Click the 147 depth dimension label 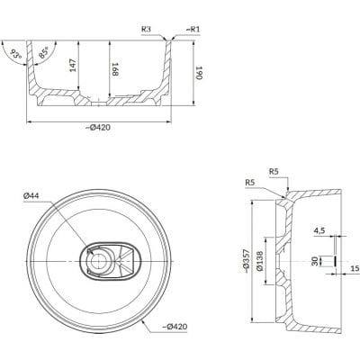(x=74, y=66)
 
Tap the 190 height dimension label (x=200, y=73)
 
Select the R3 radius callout (x=146, y=29)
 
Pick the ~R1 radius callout (x=193, y=29)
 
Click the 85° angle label (x=44, y=53)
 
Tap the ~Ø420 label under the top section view (x=98, y=127)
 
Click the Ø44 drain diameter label (x=31, y=196)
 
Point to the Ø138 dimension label (x=260, y=260)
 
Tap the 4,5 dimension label (x=319, y=231)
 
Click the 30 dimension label (x=314, y=261)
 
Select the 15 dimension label (x=355, y=268)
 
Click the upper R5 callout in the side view (x=274, y=172)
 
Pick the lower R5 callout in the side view (x=250, y=183)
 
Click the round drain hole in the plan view (x=98, y=261)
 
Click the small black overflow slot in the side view (x=335, y=261)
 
